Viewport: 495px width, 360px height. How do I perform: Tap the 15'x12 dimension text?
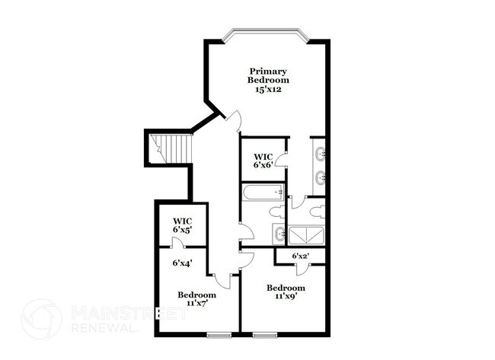point(270,90)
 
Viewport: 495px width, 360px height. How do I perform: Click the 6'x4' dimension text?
point(181,263)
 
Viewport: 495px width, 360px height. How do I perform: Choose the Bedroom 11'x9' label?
point(286,293)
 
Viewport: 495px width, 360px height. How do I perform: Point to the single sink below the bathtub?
point(279,234)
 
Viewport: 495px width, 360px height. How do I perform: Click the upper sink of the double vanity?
point(320,155)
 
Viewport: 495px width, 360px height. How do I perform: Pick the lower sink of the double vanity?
point(320,180)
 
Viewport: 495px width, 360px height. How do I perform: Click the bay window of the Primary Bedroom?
point(267,33)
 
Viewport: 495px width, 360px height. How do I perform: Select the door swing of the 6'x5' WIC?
point(177,243)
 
